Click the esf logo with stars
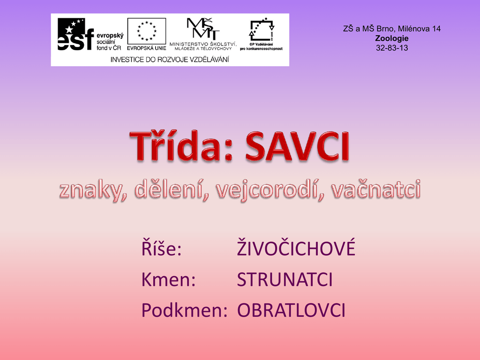tap(75, 34)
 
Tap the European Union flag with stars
tap(147, 31)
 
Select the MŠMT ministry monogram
tap(203, 29)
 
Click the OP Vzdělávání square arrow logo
tap(262, 30)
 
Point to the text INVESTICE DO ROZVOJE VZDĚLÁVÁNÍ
tap(170, 60)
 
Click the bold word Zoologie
tap(392, 38)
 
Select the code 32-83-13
tap(392, 48)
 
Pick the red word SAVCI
tap(297, 146)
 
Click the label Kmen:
tap(168, 279)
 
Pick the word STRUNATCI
tap(285, 279)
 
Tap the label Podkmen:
tap(184, 310)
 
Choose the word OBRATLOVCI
tap(291, 310)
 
